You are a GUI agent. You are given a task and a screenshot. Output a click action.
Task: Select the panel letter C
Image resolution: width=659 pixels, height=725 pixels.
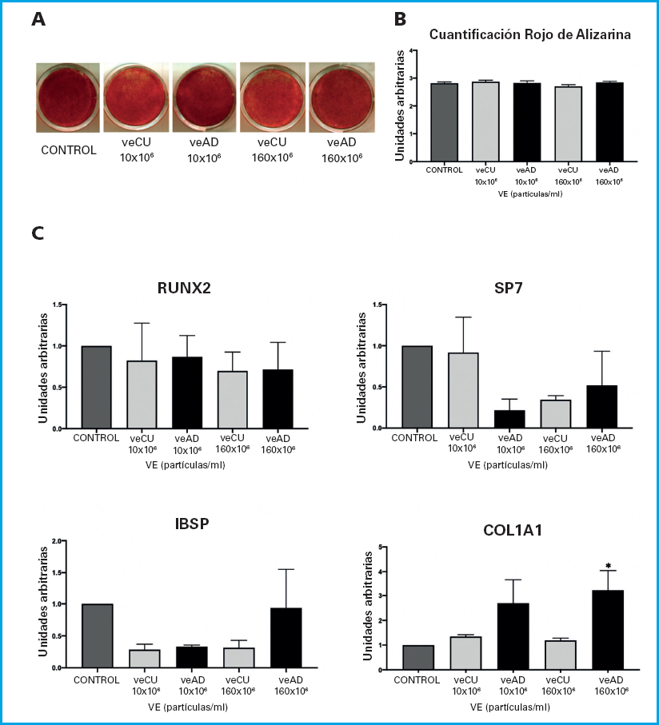point(38,233)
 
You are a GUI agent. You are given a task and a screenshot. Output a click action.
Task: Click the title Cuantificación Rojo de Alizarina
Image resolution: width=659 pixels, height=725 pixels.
point(530,34)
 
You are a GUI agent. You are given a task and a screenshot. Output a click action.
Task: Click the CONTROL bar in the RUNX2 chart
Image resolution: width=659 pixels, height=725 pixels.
point(96,388)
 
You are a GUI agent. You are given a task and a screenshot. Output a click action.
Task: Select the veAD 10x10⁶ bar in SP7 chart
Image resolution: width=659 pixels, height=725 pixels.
point(510,420)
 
